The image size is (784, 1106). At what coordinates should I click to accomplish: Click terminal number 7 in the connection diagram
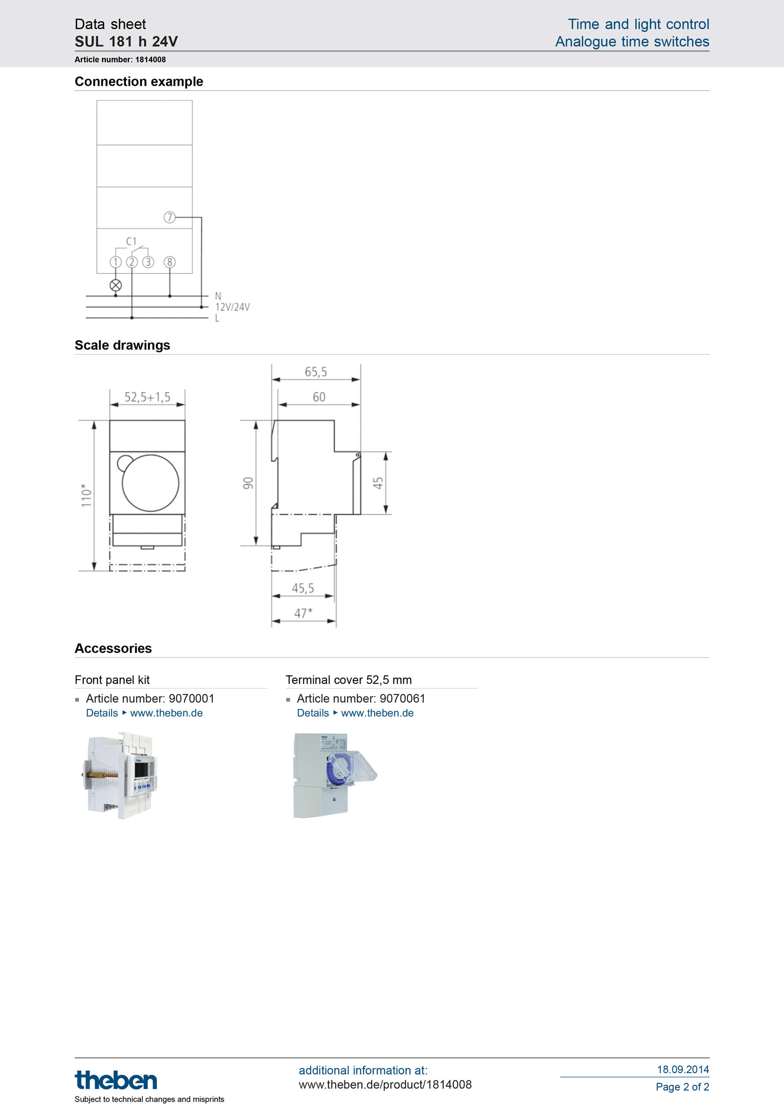(x=169, y=217)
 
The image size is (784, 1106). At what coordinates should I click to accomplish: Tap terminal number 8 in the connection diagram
(x=169, y=262)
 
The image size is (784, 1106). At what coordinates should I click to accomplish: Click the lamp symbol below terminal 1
(x=116, y=285)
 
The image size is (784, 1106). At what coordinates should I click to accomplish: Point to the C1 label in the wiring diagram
(x=131, y=241)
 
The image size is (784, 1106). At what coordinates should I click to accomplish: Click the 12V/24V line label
(x=232, y=307)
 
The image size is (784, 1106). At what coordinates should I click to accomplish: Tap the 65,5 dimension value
(x=316, y=372)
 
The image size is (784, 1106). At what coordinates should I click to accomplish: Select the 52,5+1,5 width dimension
(x=147, y=397)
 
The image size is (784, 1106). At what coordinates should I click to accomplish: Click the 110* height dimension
(x=86, y=495)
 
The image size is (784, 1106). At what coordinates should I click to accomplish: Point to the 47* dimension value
(x=303, y=613)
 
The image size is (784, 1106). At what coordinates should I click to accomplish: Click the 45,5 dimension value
(x=303, y=588)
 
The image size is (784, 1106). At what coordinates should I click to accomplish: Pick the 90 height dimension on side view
(x=248, y=482)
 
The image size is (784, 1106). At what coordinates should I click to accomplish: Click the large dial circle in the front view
(x=151, y=482)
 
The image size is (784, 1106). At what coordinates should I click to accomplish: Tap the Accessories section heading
(x=113, y=648)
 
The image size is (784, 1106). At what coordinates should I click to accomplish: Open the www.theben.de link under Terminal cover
(x=377, y=713)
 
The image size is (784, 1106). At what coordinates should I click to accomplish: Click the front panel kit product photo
(x=121, y=775)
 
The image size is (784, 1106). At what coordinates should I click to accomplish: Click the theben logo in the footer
(x=116, y=1080)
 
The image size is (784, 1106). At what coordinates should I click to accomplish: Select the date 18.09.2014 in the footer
(x=682, y=1069)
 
